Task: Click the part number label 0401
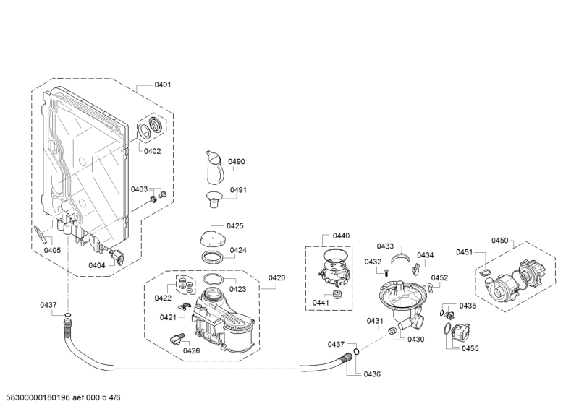162,85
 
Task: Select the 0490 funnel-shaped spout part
214,168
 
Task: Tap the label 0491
238,190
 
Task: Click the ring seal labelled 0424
211,257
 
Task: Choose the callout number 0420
276,277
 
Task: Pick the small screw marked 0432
386,274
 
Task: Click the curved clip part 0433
401,257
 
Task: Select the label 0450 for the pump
499,241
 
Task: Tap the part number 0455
470,348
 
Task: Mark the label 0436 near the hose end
372,374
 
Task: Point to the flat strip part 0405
41,235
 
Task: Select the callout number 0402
152,151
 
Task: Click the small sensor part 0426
177,339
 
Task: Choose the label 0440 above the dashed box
341,236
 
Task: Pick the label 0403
139,189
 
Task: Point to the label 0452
439,277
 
